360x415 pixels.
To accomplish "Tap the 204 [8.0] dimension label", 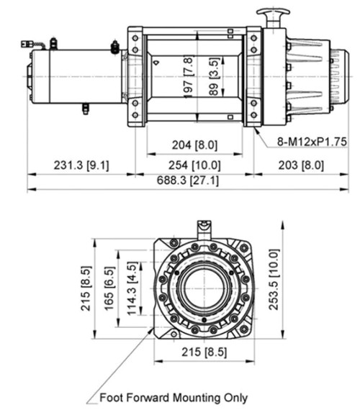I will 194,145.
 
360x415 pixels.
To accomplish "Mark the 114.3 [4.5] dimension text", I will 132,286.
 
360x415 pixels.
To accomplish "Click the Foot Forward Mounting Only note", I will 173,397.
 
